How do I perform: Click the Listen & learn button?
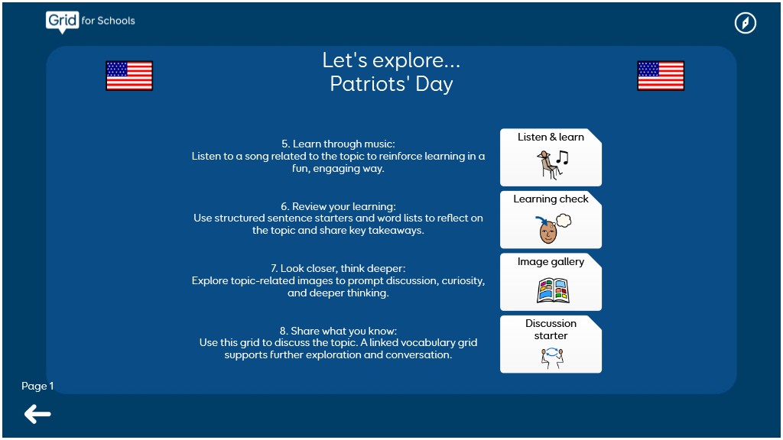coord(551,157)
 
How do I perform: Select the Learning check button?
coord(551,219)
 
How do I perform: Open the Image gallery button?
coord(551,282)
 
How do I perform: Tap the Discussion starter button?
coord(551,345)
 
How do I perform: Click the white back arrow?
coord(37,414)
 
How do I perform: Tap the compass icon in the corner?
coord(745,23)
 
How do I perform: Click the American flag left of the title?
coord(129,76)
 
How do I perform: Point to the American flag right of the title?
coord(661,76)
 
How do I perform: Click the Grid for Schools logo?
coord(90,21)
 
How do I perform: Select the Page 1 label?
coord(37,386)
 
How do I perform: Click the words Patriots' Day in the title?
coord(391,84)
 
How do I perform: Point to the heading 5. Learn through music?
coord(338,144)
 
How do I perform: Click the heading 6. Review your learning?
coord(338,206)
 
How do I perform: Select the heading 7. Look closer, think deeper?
coord(338,268)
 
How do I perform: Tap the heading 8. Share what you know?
coord(338,331)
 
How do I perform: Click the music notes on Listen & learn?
coord(563,157)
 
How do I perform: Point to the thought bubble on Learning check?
coord(564,220)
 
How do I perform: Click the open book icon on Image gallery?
coord(553,291)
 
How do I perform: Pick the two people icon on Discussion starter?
coord(552,357)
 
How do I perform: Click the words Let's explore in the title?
coord(391,60)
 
